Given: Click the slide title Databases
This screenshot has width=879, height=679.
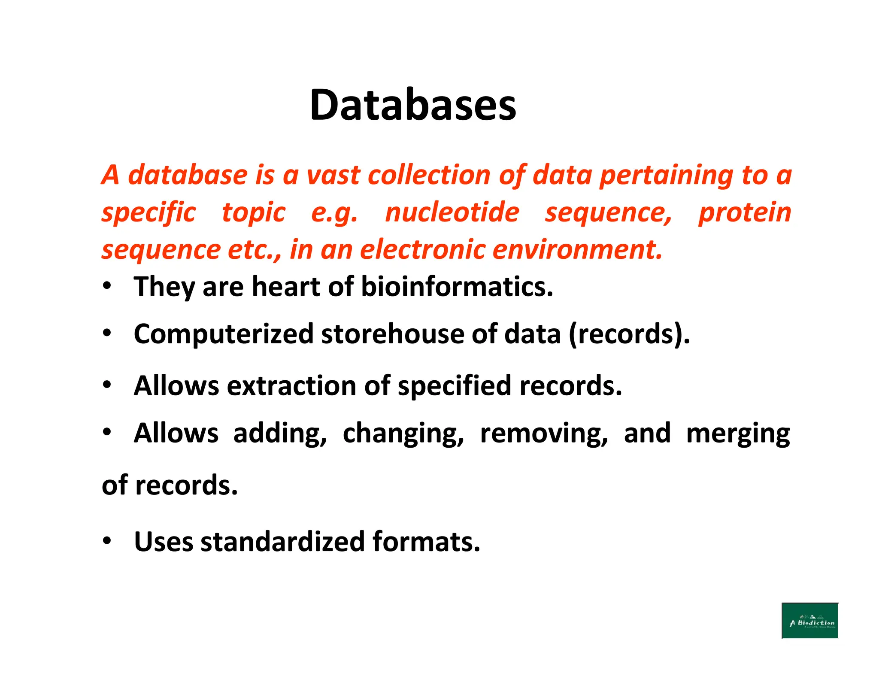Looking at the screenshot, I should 413,105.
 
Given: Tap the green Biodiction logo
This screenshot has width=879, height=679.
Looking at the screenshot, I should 809,621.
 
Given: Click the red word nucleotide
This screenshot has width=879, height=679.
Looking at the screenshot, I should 452,212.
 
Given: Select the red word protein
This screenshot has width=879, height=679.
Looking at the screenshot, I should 745,212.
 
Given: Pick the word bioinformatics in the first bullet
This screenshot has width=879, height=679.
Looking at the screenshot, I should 457,287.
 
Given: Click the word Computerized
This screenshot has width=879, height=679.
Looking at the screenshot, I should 224,334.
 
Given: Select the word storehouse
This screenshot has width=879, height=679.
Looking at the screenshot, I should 392,334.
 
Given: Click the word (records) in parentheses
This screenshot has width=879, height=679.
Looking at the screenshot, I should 629,334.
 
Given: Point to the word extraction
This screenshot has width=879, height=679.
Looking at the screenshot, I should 292,385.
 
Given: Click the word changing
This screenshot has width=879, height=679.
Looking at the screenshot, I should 403,433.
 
